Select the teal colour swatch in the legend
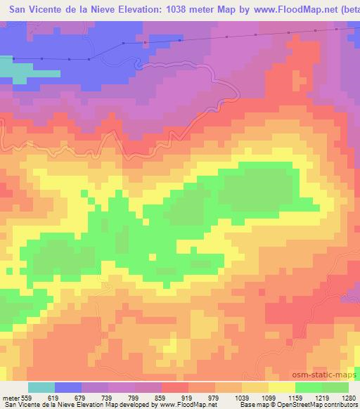(41, 387)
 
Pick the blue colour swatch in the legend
(68, 387)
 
